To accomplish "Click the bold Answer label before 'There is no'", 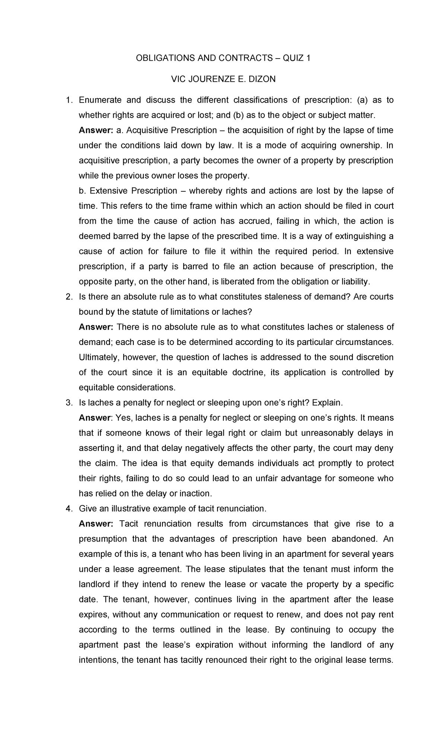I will click(96, 327).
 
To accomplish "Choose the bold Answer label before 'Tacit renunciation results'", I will click(96, 524).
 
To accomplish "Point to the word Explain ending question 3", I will click(327, 403).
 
